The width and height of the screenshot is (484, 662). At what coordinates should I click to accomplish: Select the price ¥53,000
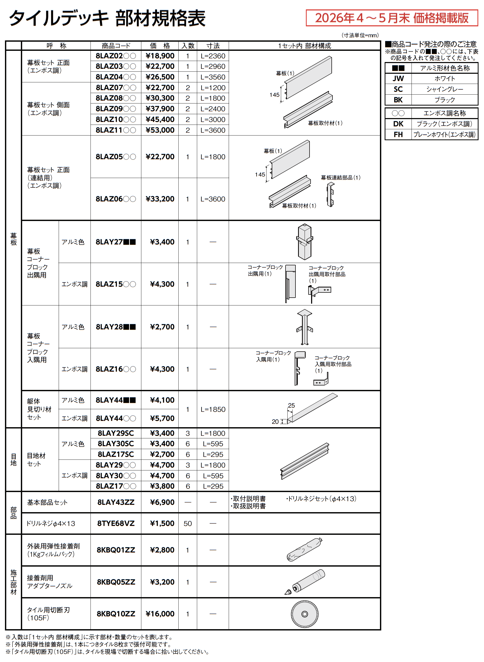[x=160, y=130]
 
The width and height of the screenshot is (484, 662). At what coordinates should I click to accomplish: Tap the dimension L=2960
[x=213, y=66]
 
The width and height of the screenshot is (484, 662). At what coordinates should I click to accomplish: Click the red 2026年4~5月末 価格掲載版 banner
[x=392, y=18]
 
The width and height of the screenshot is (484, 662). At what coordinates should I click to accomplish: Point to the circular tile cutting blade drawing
[x=304, y=614]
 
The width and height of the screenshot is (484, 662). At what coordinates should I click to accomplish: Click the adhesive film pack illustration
[x=304, y=550]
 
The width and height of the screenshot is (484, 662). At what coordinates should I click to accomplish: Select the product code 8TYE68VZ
[x=116, y=523]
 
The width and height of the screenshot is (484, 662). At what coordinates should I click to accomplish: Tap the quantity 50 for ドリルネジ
[x=187, y=524]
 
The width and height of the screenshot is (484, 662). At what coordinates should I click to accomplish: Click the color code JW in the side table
[x=398, y=78]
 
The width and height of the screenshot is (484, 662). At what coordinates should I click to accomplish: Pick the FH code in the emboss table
[x=398, y=134]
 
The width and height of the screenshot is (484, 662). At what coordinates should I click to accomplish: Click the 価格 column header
[x=160, y=46]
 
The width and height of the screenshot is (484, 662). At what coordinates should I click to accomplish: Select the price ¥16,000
[x=160, y=614]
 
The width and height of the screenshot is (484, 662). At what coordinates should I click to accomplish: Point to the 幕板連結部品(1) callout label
[x=340, y=177]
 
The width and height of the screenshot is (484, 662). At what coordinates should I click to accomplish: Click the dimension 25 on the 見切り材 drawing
[x=291, y=406]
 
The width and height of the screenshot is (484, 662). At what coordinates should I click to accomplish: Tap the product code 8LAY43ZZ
[x=116, y=502]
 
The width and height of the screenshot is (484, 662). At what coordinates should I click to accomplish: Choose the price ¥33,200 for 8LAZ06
[x=160, y=199]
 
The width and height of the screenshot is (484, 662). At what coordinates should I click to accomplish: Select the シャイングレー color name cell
[x=444, y=89]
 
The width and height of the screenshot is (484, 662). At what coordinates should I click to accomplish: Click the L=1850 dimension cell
[x=213, y=409]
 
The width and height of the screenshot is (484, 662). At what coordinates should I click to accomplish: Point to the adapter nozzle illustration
[x=305, y=582]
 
